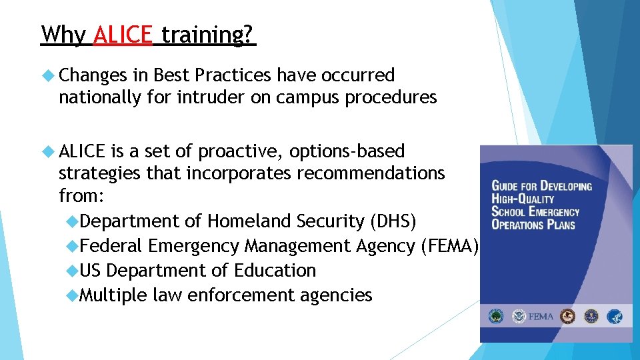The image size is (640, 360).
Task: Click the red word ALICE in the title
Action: click(x=123, y=34)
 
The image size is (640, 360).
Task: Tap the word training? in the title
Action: click(x=208, y=35)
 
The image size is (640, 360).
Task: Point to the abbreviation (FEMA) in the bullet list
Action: click(x=450, y=246)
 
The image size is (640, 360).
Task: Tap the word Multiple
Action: click(x=113, y=295)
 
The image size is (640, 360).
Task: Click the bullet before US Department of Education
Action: click(x=73, y=271)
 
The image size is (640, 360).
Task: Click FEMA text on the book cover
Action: click(x=540, y=317)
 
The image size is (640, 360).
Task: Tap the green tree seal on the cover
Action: click(x=497, y=316)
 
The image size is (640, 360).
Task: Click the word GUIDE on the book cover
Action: click(x=509, y=186)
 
